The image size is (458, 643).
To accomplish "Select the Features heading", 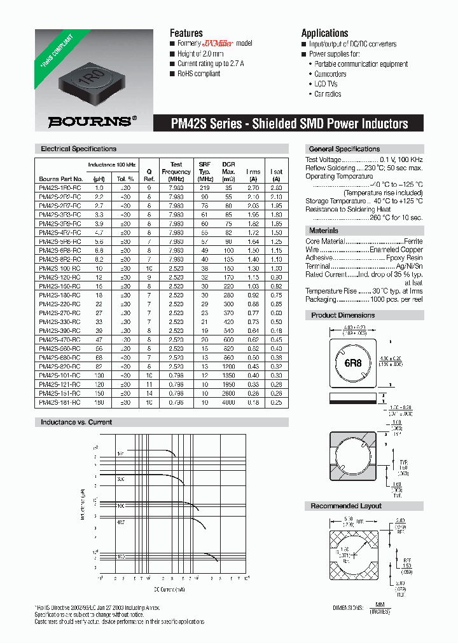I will (186, 33).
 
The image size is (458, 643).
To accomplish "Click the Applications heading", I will (324, 33).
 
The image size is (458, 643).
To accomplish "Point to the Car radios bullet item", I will (328, 94).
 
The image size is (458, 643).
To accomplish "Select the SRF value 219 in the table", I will (204, 188).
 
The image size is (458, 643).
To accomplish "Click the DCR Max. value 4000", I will (228, 403).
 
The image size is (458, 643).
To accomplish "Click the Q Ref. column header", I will (149, 175).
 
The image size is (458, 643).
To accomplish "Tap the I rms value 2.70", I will (253, 188).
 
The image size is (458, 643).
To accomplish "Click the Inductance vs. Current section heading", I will (76, 422).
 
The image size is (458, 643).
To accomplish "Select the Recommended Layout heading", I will (346, 506).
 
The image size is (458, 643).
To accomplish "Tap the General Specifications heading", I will (344, 149).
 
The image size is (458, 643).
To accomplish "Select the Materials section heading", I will (323, 231).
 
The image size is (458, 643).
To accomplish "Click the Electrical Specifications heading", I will (78, 149).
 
